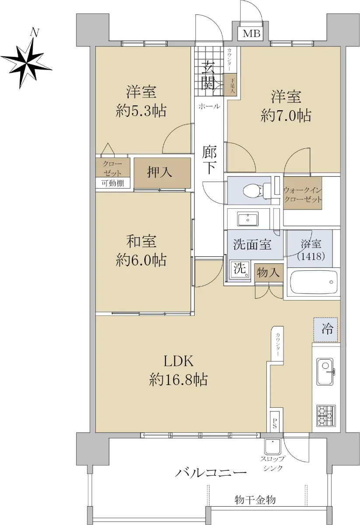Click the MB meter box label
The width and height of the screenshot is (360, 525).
pos(252,34)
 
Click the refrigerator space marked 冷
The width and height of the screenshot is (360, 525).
pos(325,329)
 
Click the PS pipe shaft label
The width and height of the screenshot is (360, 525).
pos(275,424)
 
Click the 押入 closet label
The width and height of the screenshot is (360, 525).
pos(159,172)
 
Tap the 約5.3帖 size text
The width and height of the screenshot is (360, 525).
pos(141,111)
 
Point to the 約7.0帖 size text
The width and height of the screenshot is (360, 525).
pos(286,115)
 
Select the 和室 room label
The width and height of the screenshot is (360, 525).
pos(141,241)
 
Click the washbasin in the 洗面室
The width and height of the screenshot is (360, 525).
pos(248,219)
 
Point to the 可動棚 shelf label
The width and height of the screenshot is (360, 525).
pos(112,183)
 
